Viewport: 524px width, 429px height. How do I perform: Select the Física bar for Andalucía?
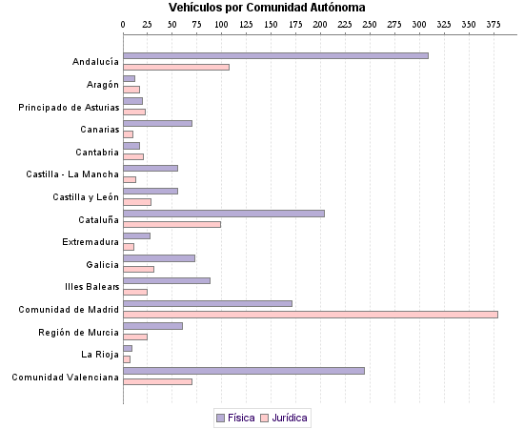[275, 56]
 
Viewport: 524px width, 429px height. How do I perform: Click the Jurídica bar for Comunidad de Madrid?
[311, 315]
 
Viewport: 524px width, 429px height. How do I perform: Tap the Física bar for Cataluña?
[224, 214]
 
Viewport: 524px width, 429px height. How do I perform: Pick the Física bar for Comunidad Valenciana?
[244, 371]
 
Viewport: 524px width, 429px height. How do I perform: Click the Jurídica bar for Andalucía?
[176, 68]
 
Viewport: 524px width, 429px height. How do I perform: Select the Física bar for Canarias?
[158, 124]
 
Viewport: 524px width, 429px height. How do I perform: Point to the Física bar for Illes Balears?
[167, 281]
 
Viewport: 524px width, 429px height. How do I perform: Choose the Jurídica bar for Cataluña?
[172, 225]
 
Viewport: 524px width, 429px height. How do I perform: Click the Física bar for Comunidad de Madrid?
[208, 303]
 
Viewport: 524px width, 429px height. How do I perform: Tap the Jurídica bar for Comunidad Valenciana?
[158, 382]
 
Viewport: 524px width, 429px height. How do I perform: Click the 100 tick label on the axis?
[221, 22]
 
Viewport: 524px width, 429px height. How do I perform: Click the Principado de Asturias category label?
[69, 107]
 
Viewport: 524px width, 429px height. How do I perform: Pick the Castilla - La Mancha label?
[72, 174]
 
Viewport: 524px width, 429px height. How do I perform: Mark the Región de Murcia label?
[78, 332]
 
